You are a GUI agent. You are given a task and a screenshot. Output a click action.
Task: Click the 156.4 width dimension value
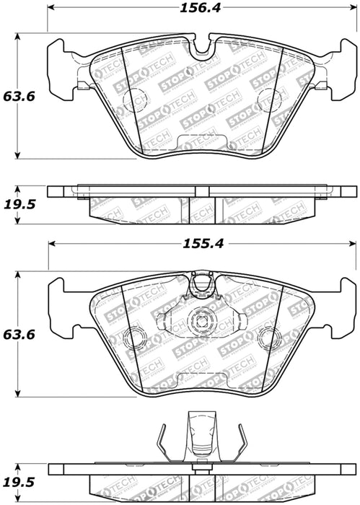pos(204,9)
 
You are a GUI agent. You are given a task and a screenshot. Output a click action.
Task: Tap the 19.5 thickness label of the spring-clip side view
pos(18,482)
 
